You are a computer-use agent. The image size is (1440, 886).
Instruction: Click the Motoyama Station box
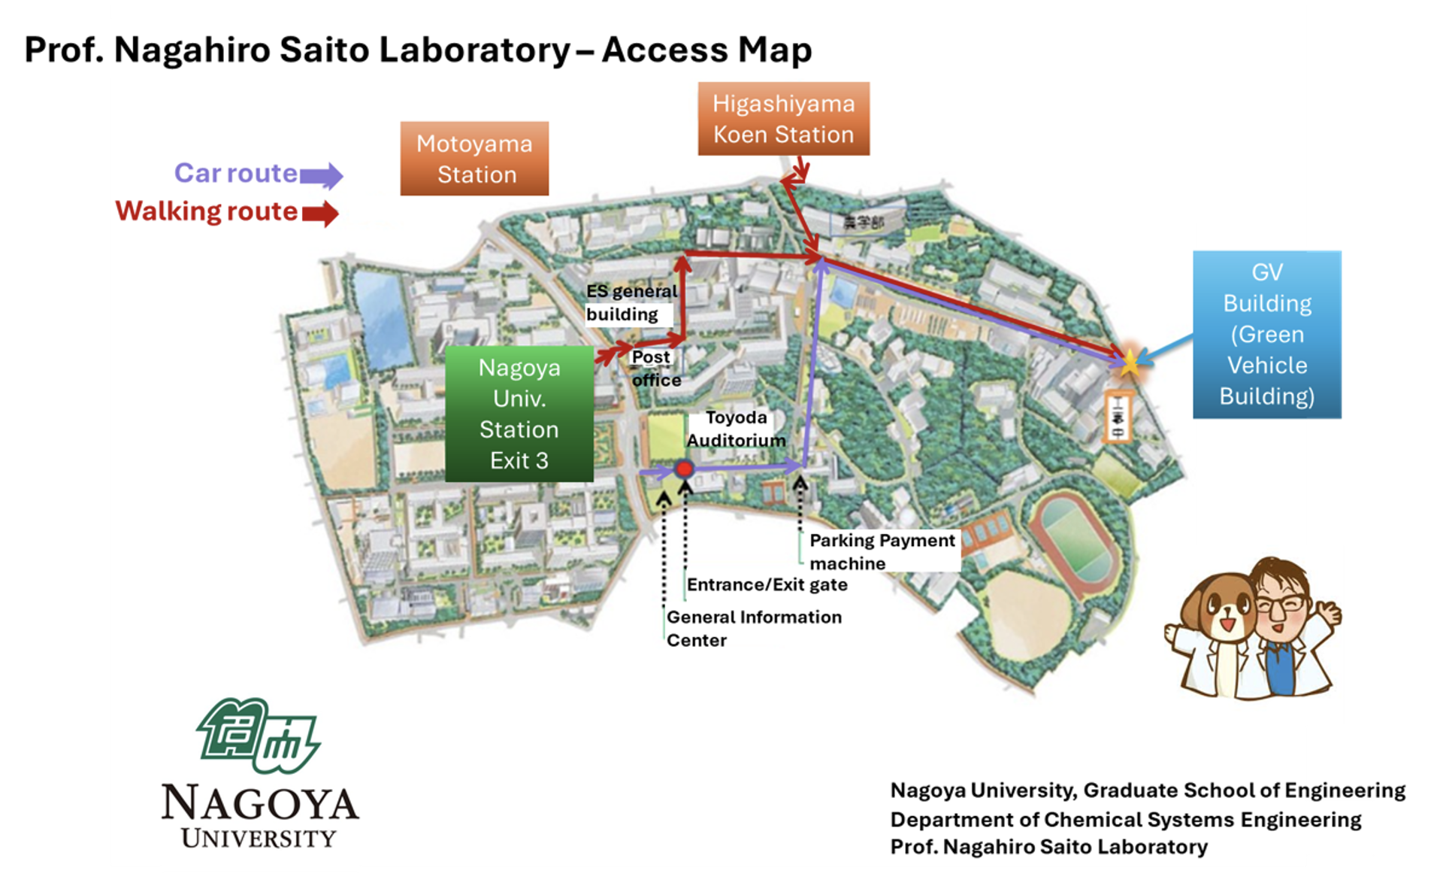(474, 159)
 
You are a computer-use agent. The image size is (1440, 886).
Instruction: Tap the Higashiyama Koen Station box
(783, 119)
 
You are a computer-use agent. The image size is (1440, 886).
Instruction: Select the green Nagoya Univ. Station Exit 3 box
(519, 414)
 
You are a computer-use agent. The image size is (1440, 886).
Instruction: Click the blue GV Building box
(1266, 334)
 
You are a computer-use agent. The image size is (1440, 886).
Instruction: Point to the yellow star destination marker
(1130, 363)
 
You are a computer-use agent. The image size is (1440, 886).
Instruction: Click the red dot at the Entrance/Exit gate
(684, 469)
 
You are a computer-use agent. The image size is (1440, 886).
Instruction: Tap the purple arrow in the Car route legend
(321, 176)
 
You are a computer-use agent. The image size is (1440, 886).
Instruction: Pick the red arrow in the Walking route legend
(321, 214)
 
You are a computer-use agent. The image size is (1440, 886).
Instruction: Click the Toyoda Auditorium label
(736, 429)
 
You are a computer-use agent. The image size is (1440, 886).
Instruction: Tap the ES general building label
(631, 302)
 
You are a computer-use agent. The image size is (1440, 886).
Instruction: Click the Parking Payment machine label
(882, 551)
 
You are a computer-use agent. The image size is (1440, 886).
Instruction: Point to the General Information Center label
(753, 628)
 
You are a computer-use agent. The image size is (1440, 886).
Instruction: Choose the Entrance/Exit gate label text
(767, 584)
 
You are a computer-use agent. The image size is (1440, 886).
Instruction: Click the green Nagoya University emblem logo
(258, 736)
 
